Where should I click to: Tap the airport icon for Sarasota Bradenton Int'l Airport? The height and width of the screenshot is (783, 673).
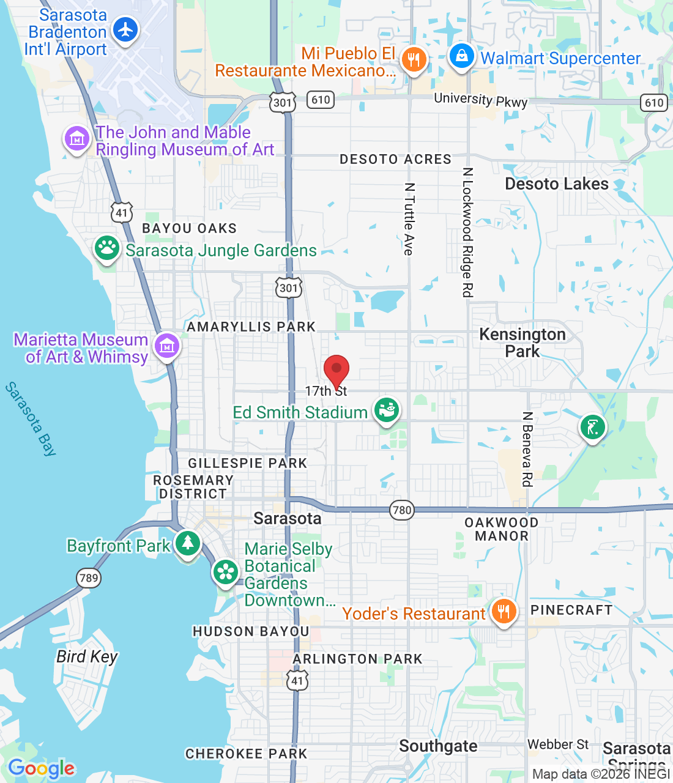(x=126, y=29)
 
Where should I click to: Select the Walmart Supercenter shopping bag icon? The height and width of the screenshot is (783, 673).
(x=462, y=56)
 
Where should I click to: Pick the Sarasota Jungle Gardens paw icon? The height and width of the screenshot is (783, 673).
(x=107, y=248)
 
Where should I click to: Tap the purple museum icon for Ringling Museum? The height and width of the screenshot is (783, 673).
(x=77, y=139)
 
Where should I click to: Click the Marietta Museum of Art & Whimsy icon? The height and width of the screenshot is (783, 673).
(x=167, y=346)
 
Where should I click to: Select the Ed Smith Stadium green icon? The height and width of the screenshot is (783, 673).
(x=387, y=410)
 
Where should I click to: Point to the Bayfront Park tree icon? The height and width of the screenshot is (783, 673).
(x=187, y=543)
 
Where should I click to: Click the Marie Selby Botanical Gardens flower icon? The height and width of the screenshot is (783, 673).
(x=226, y=573)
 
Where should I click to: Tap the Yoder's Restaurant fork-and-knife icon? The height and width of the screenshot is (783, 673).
(x=503, y=610)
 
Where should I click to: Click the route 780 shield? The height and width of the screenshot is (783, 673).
(x=402, y=510)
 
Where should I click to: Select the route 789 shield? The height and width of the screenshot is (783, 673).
(x=89, y=577)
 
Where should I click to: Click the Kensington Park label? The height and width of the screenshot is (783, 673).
(x=522, y=343)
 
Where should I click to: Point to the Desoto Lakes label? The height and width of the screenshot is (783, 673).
(x=556, y=184)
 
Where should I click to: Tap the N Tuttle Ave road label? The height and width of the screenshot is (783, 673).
(x=409, y=218)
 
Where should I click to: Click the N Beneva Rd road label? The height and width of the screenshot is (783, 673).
(x=527, y=449)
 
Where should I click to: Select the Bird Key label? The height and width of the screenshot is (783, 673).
(x=87, y=656)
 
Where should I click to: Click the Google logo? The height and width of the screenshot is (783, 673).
(x=42, y=768)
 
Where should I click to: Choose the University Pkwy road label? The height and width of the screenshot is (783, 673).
(x=480, y=100)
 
